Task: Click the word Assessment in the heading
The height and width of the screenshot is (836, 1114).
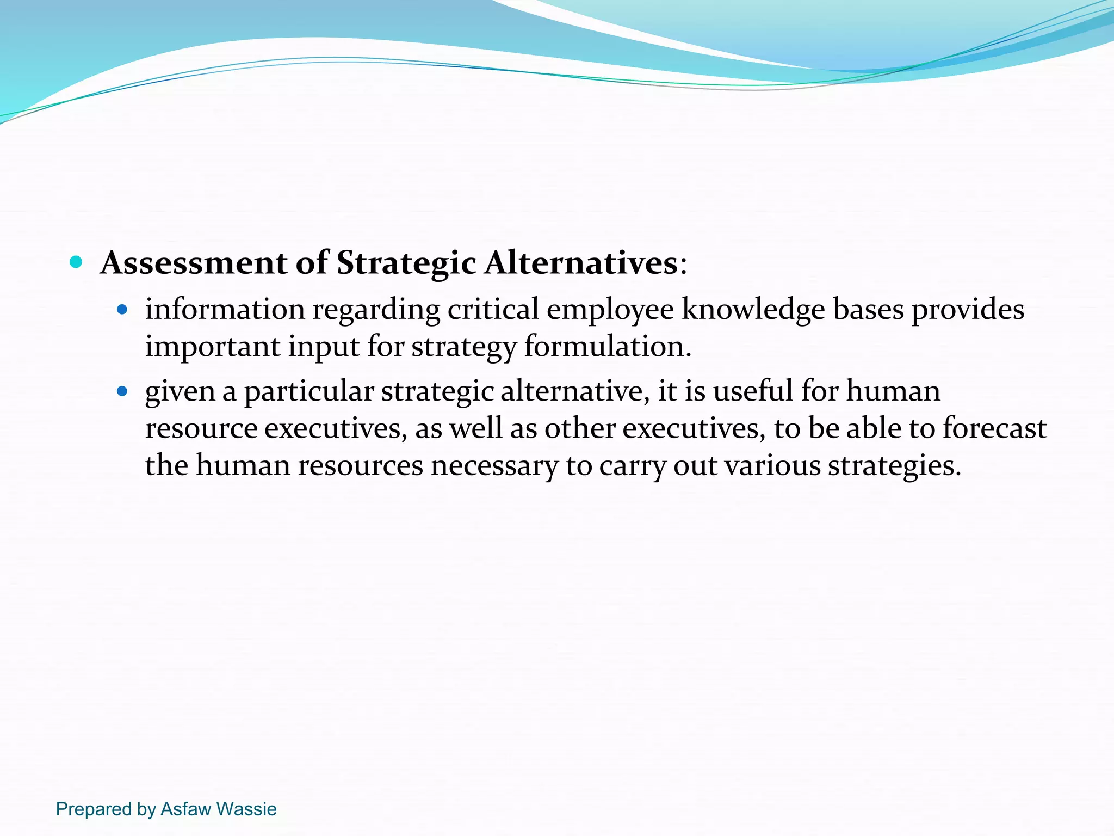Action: click(x=194, y=263)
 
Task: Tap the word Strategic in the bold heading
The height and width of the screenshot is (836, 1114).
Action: click(x=406, y=263)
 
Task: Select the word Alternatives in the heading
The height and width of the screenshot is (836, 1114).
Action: click(x=580, y=263)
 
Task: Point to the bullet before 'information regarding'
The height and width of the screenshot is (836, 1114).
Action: click(x=122, y=310)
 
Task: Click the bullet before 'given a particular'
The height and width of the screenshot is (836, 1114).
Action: click(x=122, y=391)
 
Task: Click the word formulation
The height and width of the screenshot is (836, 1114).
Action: click(x=607, y=347)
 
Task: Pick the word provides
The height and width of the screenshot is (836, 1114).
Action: click(x=968, y=309)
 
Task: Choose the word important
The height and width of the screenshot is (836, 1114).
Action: click(x=212, y=347)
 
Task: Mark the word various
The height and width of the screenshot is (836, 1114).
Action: click(x=772, y=466)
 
